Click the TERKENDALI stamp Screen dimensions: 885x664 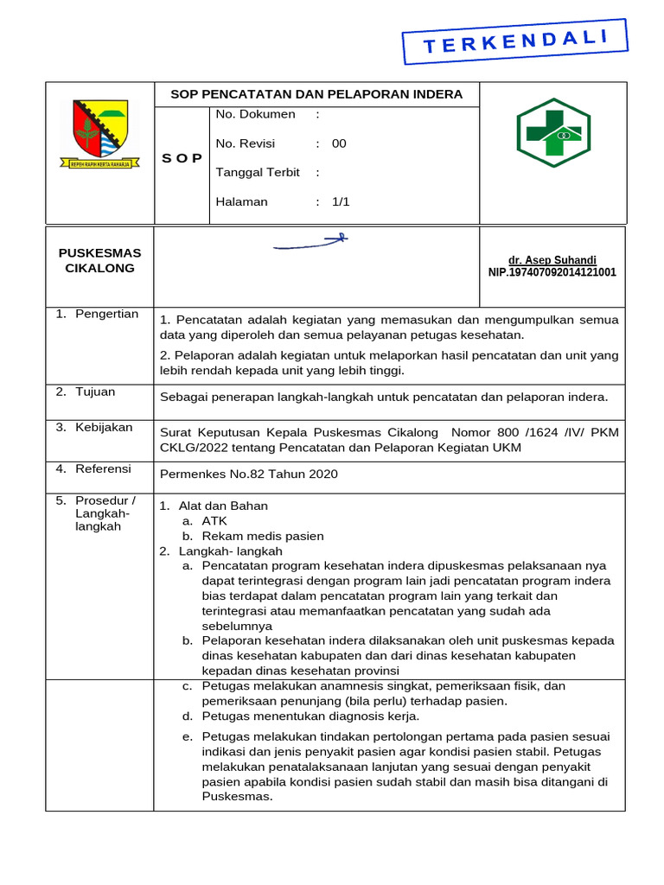514,41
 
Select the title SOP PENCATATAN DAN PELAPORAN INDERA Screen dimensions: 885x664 316,94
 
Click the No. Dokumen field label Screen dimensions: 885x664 255,114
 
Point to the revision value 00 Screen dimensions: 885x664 339,143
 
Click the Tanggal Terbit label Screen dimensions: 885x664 258,173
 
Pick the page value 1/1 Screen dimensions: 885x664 341,202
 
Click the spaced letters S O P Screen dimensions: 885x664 182,158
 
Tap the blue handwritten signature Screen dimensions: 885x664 310,243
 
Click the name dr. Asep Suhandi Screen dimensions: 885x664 552,260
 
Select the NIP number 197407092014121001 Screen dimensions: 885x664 552,272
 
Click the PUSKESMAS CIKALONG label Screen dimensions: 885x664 99,260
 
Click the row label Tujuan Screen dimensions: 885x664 95,392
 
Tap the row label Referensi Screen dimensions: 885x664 103,468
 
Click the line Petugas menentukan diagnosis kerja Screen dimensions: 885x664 310,716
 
